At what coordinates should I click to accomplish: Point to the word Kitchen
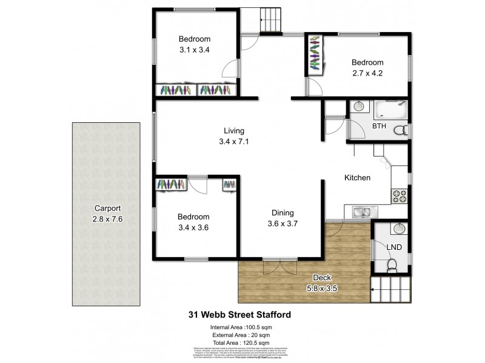(x=357, y=178)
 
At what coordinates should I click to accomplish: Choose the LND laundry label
(x=395, y=247)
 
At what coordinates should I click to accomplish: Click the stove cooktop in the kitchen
(x=400, y=194)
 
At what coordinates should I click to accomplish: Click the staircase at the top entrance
(x=271, y=22)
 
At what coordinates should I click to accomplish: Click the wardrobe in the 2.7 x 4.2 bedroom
(x=315, y=54)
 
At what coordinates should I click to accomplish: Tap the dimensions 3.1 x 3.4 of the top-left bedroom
(x=195, y=51)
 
